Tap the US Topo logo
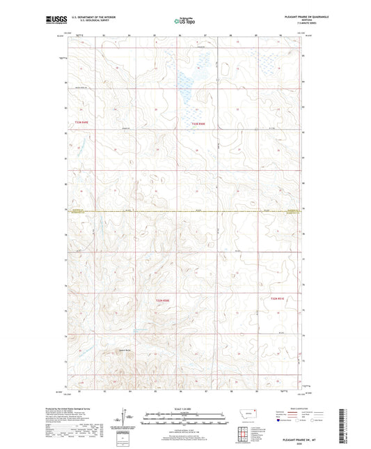click(184, 22)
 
